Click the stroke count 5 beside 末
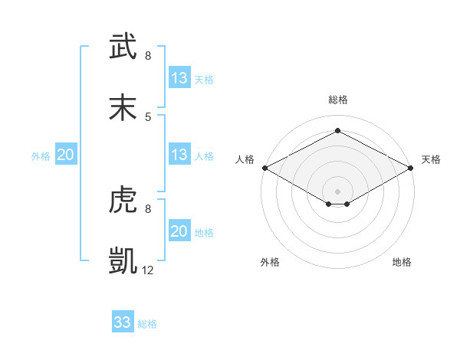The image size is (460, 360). pos(148,116)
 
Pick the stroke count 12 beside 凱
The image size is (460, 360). pos(149,270)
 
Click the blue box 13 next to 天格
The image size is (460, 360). pos(179,78)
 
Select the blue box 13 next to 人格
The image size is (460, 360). pos(179,155)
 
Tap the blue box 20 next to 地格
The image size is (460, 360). pos(179,231)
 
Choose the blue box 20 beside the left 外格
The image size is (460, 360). pos(66,155)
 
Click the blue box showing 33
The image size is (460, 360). pos(123,322)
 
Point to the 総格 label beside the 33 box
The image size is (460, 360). pos(147,324)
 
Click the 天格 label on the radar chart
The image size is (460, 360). pos(431,159)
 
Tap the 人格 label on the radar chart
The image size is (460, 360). pos(245,159)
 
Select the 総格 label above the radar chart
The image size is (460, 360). pos(337,100)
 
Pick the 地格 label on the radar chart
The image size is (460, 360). pos(402,262)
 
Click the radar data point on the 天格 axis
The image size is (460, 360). pos(412,168)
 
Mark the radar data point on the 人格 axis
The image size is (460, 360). pos(264,168)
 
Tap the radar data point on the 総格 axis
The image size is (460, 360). pos(337,130)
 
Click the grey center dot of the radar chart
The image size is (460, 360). pos(337,190)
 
